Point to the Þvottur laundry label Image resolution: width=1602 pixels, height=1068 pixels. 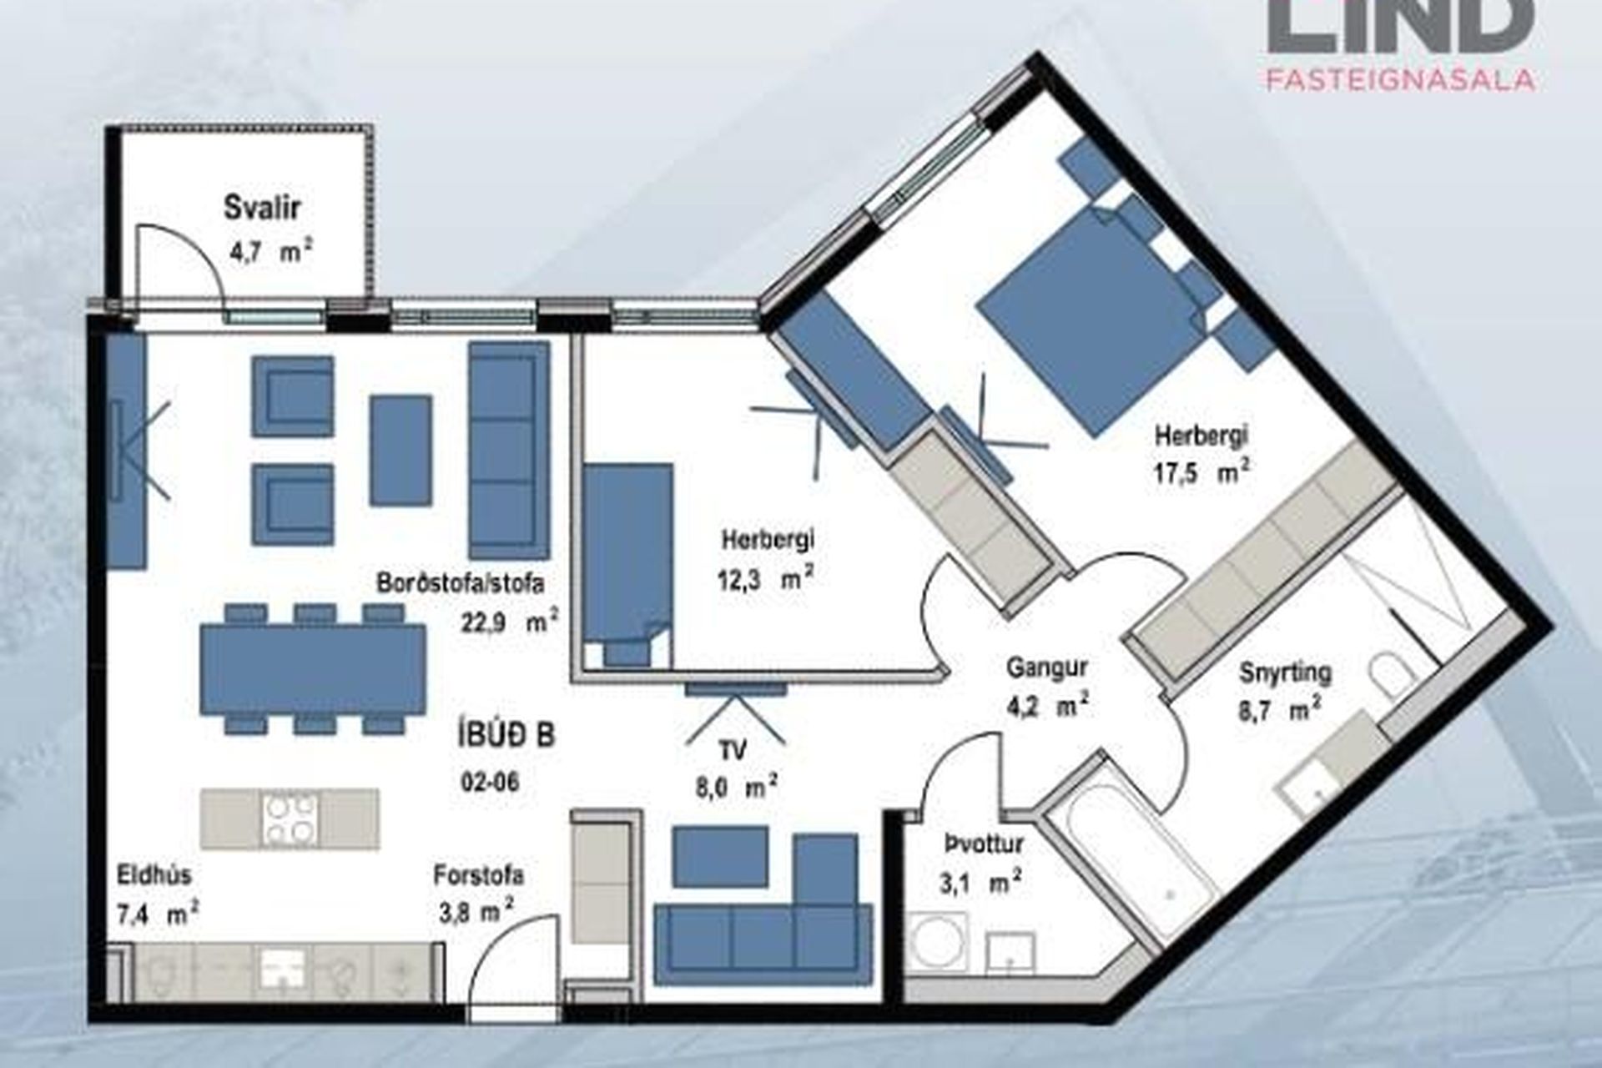point(984,844)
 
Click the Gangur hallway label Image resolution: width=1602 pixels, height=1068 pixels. point(1047,667)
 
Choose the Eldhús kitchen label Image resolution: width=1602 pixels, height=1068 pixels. point(154,875)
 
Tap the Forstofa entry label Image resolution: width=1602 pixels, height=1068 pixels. point(479,875)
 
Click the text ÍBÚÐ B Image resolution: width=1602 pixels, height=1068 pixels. point(506,737)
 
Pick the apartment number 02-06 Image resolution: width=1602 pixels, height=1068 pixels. point(489,783)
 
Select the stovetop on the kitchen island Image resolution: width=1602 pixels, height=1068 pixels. point(290,819)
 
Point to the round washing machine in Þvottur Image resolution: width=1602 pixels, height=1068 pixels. point(939,943)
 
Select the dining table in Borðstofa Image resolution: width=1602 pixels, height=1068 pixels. point(313,670)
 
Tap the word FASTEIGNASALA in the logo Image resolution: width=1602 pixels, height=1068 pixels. point(1401,79)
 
